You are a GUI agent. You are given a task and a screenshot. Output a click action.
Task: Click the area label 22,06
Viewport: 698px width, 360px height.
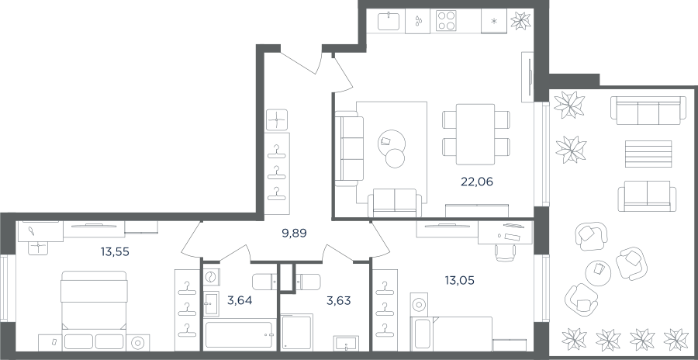pyautogui.click(x=477, y=182)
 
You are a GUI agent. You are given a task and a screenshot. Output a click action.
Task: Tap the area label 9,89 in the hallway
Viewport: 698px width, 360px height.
pyautogui.click(x=295, y=233)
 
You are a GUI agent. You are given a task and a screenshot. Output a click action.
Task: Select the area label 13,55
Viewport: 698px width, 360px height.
pyautogui.click(x=115, y=252)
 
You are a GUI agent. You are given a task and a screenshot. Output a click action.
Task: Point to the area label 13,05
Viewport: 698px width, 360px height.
pyautogui.click(x=459, y=281)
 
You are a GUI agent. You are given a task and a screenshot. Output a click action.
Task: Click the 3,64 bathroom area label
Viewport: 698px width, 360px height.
pyautogui.click(x=240, y=301)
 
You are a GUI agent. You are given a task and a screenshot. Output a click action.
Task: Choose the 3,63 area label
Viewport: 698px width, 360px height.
pyautogui.click(x=338, y=301)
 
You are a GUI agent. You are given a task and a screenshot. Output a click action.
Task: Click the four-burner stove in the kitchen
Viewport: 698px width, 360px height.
pyautogui.click(x=446, y=20)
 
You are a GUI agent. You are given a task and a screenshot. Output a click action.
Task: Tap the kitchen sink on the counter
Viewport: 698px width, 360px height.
pyautogui.click(x=389, y=21)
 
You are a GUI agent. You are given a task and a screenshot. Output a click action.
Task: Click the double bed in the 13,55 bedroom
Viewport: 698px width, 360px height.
pyautogui.click(x=94, y=310)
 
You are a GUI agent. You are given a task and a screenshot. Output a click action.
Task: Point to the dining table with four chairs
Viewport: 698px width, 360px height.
pyautogui.click(x=475, y=134)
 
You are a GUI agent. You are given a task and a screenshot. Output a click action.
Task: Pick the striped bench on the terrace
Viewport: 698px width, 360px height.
pyautogui.click(x=648, y=154)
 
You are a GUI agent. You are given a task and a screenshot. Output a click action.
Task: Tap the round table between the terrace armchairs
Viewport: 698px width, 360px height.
pyautogui.click(x=598, y=273)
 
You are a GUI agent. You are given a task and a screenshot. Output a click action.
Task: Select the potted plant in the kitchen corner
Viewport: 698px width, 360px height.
pyautogui.click(x=520, y=20)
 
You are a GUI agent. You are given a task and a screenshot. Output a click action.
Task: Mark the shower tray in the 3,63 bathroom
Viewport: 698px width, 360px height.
pyautogui.click(x=296, y=332)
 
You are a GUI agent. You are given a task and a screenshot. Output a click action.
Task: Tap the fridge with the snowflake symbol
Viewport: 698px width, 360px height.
pyautogui.click(x=494, y=21)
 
